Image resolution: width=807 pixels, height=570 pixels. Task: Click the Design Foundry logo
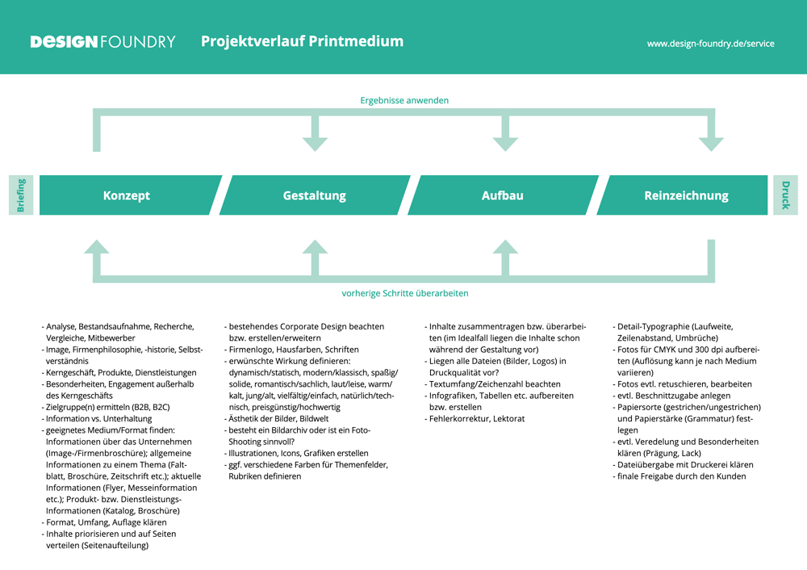tap(102, 41)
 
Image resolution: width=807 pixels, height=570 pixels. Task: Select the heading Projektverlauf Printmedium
tap(302, 41)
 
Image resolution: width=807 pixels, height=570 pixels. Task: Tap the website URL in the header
tap(710, 44)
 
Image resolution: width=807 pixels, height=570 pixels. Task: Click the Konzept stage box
tap(127, 195)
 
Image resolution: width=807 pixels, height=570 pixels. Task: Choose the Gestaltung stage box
tap(315, 195)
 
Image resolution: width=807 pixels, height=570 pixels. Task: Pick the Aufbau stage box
tap(503, 195)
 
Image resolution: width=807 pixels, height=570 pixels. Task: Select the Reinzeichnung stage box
tap(686, 195)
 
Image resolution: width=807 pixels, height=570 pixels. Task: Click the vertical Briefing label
tap(21, 195)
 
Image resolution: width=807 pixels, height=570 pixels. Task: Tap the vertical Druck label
tap(785, 195)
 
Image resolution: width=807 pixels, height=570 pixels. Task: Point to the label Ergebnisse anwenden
tap(404, 101)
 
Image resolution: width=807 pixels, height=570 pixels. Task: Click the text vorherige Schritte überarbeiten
tap(405, 293)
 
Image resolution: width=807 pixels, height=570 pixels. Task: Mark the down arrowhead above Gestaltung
tap(315, 144)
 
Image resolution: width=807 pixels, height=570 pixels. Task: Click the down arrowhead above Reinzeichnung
tap(711, 144)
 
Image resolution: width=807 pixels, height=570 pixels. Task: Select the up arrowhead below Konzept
tap(97, 246)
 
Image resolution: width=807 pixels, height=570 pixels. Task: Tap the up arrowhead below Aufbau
tap(505, 246)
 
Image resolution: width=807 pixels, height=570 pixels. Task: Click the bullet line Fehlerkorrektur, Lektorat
tap(477, 419)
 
